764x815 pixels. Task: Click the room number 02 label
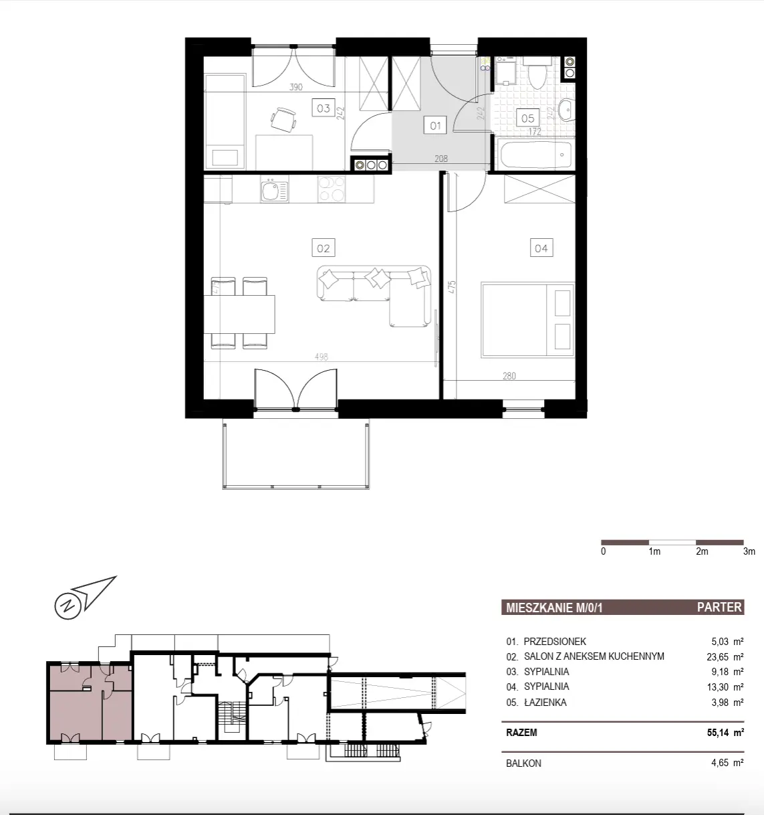323,248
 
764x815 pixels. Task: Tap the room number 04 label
541,248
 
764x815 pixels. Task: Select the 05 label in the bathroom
527,118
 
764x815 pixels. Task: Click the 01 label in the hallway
435,125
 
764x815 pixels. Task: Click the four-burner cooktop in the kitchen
332,189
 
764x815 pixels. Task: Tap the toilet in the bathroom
537,72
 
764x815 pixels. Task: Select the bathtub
535,155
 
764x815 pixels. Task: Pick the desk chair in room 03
283,119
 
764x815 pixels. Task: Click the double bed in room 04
528,319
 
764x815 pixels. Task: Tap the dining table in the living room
239,314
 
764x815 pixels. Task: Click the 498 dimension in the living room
321,357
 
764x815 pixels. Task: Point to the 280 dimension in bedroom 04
509,375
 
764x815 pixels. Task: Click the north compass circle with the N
68,606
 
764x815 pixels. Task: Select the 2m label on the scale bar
702,551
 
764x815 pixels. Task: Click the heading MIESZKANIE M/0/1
554,608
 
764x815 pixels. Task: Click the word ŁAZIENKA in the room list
545,702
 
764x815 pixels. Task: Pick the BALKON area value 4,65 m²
727,762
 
